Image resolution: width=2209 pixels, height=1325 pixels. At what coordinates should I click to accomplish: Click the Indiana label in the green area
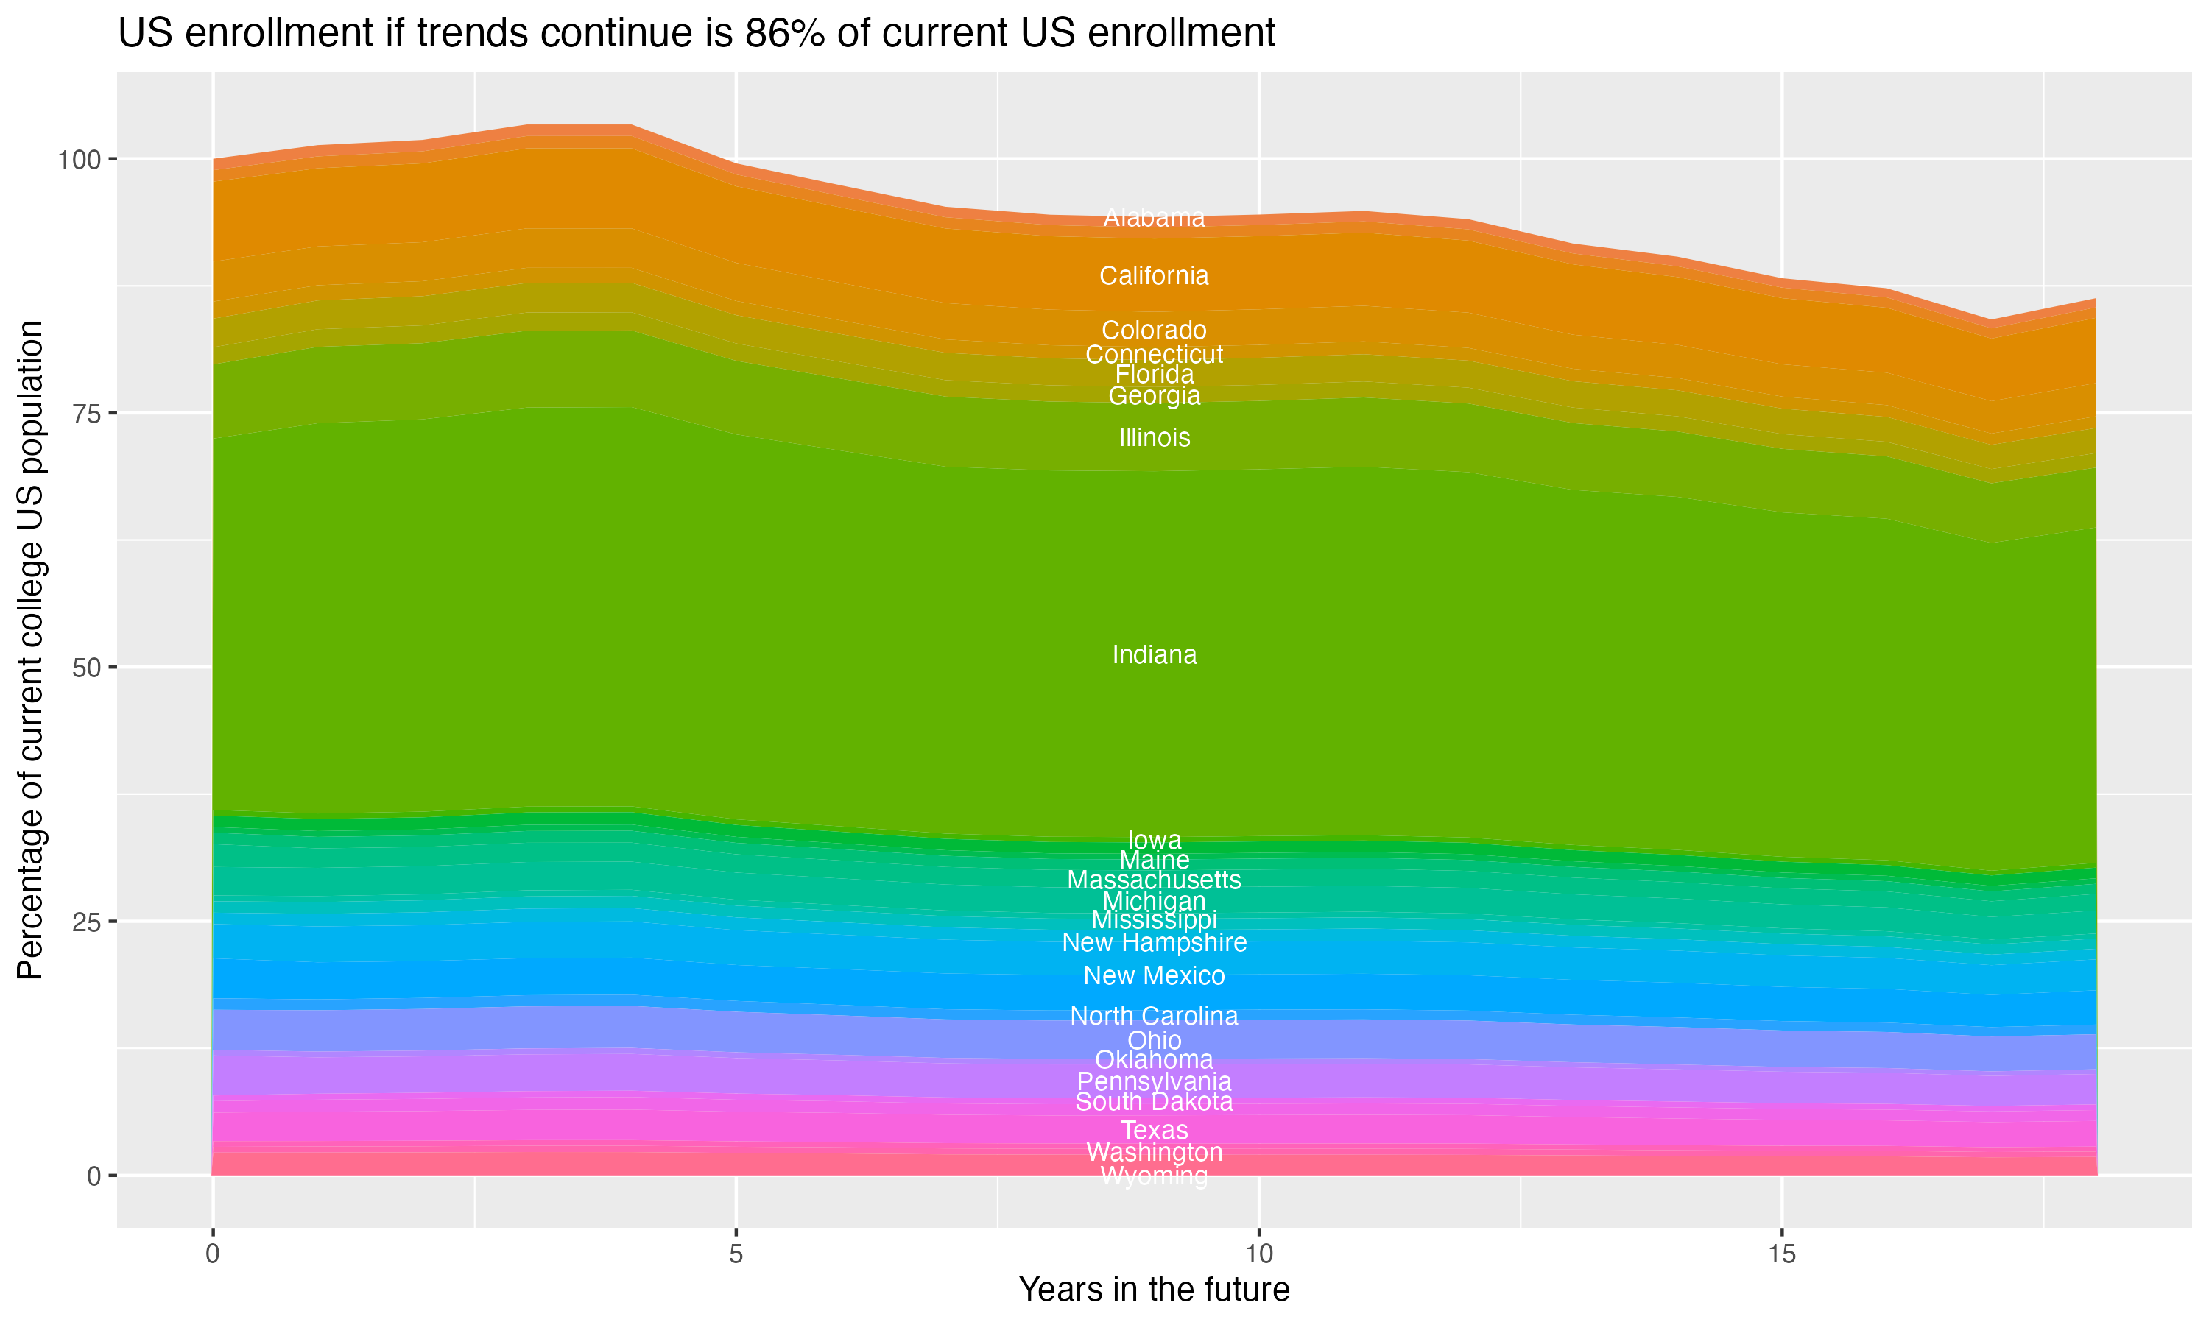[1154, 654]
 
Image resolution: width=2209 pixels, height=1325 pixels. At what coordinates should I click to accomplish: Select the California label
[1154, 276]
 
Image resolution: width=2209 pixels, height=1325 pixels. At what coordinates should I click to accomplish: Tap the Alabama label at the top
[1154, 218]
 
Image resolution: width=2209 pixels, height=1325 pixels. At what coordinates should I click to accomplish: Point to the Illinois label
[1154, 437]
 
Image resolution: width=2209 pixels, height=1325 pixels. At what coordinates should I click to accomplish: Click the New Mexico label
[1154, 976]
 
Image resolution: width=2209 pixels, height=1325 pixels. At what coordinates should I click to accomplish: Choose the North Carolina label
[1154, 1016]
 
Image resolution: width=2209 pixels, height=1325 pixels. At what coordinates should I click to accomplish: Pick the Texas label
[1154, 1131]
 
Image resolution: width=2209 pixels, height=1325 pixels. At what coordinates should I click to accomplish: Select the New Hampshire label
[1154, 943]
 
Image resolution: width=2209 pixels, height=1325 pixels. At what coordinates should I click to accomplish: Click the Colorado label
[1154, 331]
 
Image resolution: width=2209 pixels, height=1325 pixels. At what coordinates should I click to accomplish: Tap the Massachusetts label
[1154, 880]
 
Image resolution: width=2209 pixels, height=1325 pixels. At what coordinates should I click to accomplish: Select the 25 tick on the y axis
[85, 922]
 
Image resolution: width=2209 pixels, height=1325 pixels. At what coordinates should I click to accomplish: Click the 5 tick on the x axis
[736, 1254]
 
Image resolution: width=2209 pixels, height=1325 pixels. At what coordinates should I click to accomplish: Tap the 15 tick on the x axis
[1781, 1254]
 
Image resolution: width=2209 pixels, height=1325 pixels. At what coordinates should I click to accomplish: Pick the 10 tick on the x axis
[1258, 1254]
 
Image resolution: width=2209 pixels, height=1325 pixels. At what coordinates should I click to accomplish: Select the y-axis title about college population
[31, 650]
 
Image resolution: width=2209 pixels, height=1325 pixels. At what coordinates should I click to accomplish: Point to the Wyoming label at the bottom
[1154, 1177]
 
